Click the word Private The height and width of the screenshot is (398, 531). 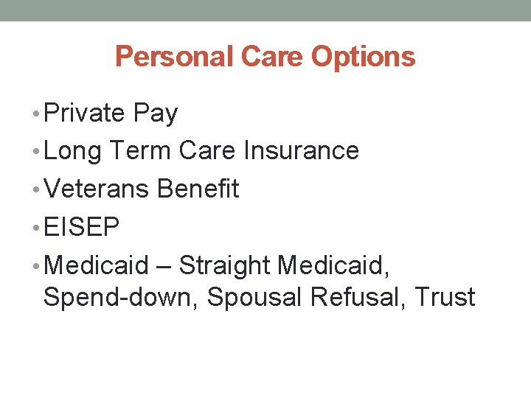point(85,113)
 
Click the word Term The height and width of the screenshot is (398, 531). point(140,150)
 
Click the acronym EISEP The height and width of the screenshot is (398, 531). point(81,227)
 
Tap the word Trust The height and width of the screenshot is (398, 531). point(445,297)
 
